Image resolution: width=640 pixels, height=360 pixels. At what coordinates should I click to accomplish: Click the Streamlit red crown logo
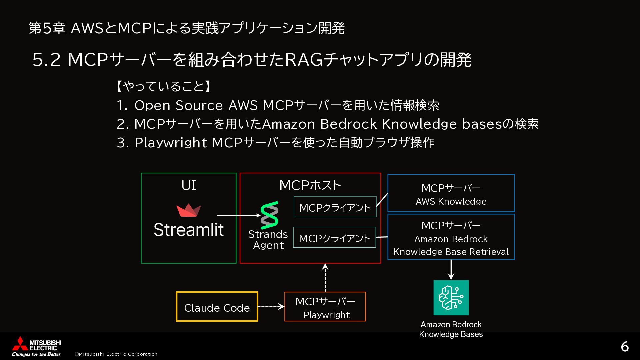pos(188,210)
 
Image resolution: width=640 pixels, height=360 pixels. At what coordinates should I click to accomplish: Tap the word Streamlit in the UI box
pos(189,230)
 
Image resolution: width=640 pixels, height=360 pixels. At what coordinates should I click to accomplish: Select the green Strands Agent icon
pos(269,215)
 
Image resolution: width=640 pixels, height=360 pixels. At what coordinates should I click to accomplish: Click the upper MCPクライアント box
pos(335,207)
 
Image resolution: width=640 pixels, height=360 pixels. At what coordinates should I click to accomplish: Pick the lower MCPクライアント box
pos(334,237)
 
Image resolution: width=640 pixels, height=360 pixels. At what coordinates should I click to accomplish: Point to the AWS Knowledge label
pos(451,201)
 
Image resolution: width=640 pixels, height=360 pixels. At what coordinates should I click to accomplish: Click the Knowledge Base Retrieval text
pos(451,252)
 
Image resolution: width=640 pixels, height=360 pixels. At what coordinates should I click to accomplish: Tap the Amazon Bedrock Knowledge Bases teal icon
pos(451,298)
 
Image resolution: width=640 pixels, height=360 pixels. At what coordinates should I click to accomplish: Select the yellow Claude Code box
pos(217,307)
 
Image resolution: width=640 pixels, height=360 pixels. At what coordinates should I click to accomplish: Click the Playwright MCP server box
pos(325,307)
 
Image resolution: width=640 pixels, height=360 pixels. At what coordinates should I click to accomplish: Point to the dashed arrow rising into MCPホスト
pos(325,278)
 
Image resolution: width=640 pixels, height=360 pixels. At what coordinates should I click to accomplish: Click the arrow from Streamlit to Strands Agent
pos(239,215)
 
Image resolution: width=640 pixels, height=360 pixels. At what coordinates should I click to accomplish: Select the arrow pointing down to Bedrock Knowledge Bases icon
pos(451,270)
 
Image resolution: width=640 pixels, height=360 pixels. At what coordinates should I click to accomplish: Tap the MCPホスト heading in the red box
pos(310,185)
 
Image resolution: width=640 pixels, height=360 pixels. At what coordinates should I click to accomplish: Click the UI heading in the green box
pos(189,185)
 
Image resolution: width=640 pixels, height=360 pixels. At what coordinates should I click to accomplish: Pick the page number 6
pos(625,347)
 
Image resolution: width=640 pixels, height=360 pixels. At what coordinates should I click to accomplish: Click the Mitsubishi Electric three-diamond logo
pos(20,344)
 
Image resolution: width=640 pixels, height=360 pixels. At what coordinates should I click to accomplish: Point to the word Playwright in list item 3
pos(171,143)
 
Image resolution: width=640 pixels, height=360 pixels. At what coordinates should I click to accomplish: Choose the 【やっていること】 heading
pos(163,87)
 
